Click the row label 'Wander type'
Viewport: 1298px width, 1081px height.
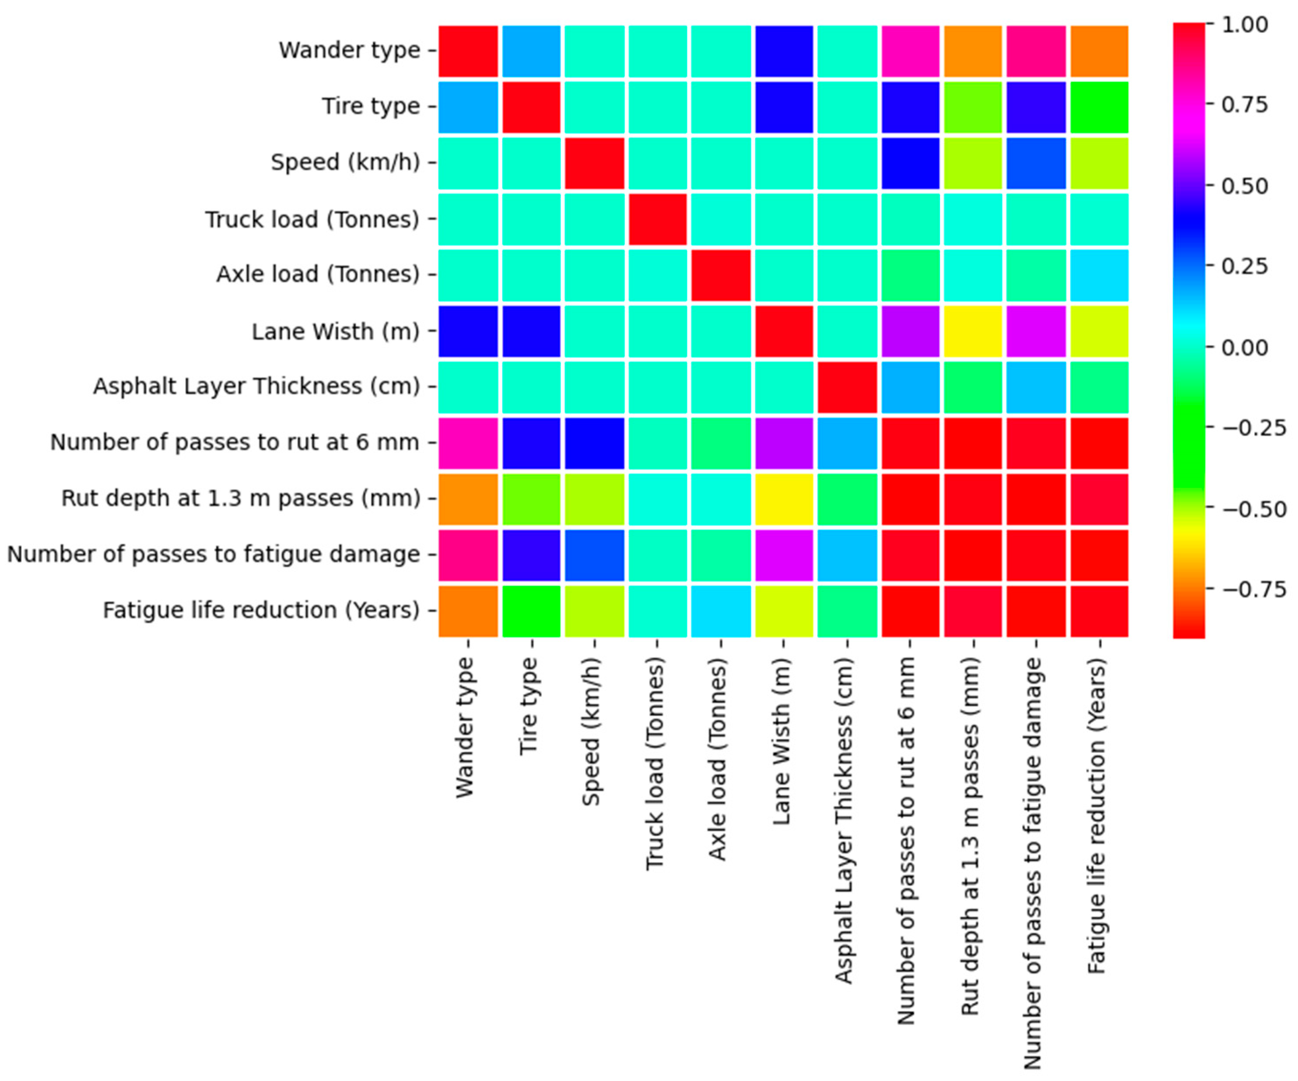[349, 50]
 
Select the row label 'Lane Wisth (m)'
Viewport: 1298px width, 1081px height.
[336, 332]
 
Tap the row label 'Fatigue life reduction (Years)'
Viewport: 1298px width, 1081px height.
[261, 610]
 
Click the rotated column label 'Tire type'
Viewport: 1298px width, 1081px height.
[529, 706]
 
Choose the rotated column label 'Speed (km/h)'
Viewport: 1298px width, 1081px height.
[592, 731]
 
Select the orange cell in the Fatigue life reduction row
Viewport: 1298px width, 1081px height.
[468, 611]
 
